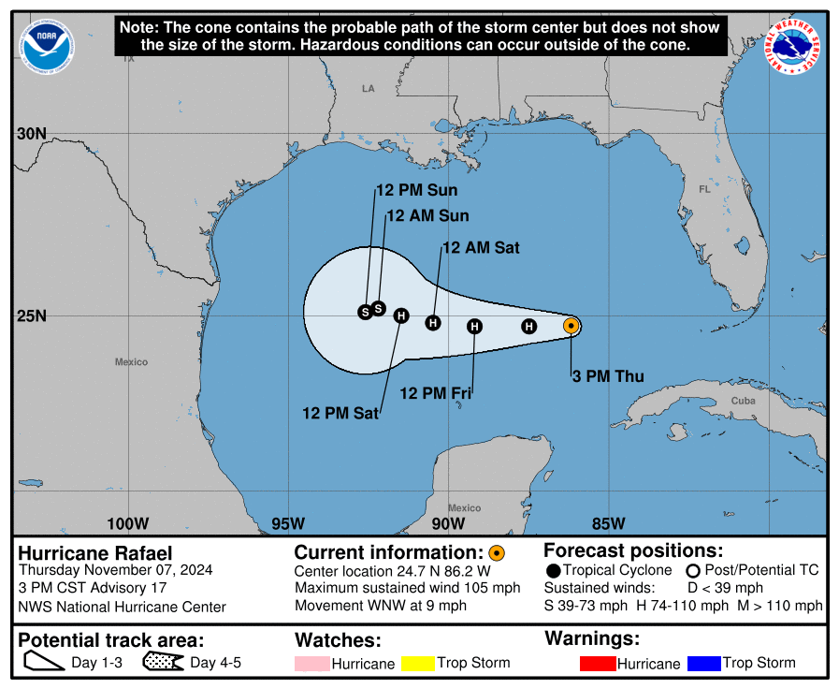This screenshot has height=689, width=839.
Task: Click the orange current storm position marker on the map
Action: pyautogui.click(x=571, y=326)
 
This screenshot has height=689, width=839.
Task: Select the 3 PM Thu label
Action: pyautogui.click(x=608, y=377)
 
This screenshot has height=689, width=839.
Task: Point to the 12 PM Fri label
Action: pyautogui.click(x=435, y=393)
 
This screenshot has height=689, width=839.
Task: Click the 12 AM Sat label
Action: pyautogui.click(x=481, y=248)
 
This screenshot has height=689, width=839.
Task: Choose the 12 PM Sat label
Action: pyautogui.click(x=340, y=412)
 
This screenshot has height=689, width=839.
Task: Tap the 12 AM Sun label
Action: pyautogui.click(x=427, y=215)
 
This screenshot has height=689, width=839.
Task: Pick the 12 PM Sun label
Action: pyautogui.click(x=416, y=191)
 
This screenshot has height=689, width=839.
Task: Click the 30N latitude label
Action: pyautogui.click(x=31, y=134)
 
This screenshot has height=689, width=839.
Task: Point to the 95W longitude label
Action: pyautogui.click(x=288, y=522)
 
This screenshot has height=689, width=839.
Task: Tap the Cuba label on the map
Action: pyautogui.click(x=743, y=401)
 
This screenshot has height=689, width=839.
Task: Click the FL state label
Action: pyautogui.click(x=704, y=189)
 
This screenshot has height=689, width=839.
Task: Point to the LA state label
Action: pyautogui.click(x=368, y=88)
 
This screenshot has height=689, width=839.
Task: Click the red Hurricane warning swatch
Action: pyautogui.click(x=598, y=664)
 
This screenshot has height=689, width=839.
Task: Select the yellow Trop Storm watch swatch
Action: pyautogui.click(x=418, y=664)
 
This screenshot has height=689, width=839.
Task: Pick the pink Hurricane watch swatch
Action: pyautogui.click(x=312, y=664)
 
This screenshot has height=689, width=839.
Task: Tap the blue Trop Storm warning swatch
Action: pyautogui.click(x=703, y=664)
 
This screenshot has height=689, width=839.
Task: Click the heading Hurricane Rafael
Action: pyautogui.click(x=95, y=553)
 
